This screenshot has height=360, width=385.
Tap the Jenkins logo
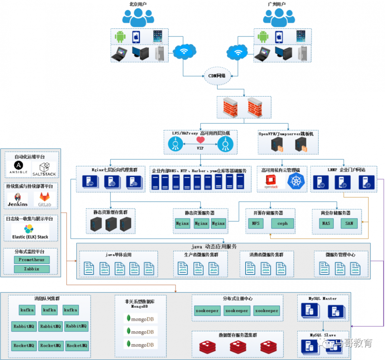tap(18, 200)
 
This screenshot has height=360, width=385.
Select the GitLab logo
tap(44, 199)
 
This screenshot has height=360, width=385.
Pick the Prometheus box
tap(32, 260)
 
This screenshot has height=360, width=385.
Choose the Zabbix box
tap(32, 269)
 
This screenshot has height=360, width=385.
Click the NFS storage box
tap(256, 223)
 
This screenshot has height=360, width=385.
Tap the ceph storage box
tap(282, 223)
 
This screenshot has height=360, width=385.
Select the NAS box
tap(326, 223)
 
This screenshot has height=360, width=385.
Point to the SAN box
tap(349, 223)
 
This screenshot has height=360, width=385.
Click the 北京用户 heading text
tap(138, 4)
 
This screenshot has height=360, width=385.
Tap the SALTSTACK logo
tap(44, 168)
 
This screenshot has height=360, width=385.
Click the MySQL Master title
tap(323, 298)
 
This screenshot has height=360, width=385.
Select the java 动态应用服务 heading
tap(214, 247)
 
